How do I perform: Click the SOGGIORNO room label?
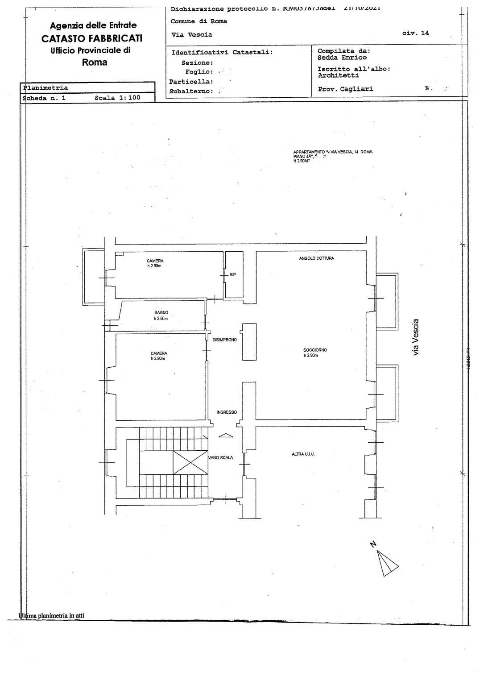(315, 350)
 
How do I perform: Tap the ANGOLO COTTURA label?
(316, 258)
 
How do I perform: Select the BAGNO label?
(161, 313)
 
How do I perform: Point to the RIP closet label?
(232, 275)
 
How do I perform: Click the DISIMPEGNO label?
(224, 340)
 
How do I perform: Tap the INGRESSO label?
(227, 412)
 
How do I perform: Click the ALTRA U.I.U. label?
(303, 454)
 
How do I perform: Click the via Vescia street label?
(416, 337)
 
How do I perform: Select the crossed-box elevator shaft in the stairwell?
(190, 462)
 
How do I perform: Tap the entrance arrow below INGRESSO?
(226, 436)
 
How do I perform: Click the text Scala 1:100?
(117, 97)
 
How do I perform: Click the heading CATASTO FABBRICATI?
(92, 39)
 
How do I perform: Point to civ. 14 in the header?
(415, 33)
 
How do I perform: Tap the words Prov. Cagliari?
(345, 89)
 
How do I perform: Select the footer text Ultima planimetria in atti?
(51, 616)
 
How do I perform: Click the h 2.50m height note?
(161, 319)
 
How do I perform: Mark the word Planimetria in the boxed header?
(46, 88)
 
